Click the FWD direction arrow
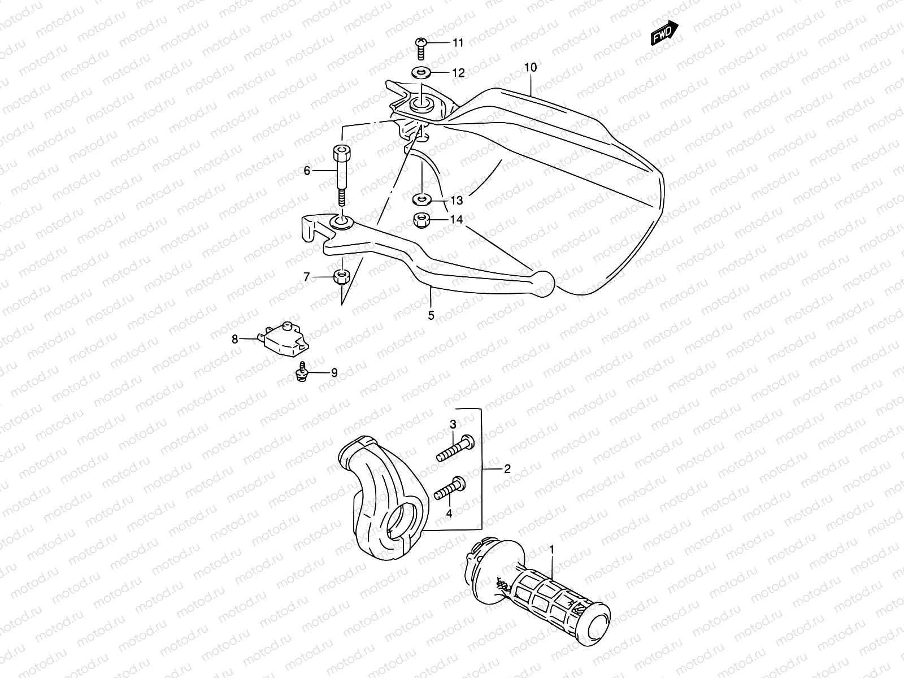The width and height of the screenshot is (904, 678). coord(664,34)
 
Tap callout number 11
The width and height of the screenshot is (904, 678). coord(457,42)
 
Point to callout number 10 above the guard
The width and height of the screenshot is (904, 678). coord(530,67)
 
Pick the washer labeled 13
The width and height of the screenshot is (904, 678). coord(421,199)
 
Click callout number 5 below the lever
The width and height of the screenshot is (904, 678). coord(431,316)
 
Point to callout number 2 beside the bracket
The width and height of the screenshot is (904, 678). coord(507,468)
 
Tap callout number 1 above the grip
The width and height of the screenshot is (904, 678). coord(552,549)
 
